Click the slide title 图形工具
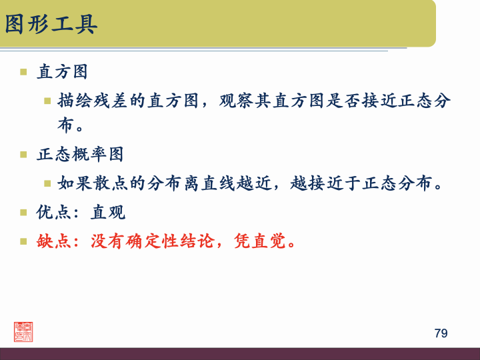point(51,24)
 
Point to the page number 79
point(441,333)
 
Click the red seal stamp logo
point(23,331)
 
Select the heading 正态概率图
point(80,154)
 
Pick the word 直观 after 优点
point(108,213)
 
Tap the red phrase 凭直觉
point(260,241)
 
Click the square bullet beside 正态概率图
point(23,154)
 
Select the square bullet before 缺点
point(23,241)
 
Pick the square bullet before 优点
point(23,213)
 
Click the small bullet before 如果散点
point(48,183)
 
